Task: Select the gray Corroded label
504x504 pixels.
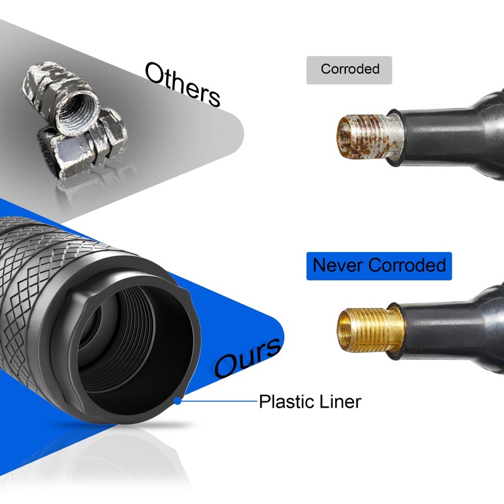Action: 349,70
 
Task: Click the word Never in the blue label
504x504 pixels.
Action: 337,265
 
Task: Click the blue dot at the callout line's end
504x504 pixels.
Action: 178,400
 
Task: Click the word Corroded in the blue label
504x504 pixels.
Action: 406,265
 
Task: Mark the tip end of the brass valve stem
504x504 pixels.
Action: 340,329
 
